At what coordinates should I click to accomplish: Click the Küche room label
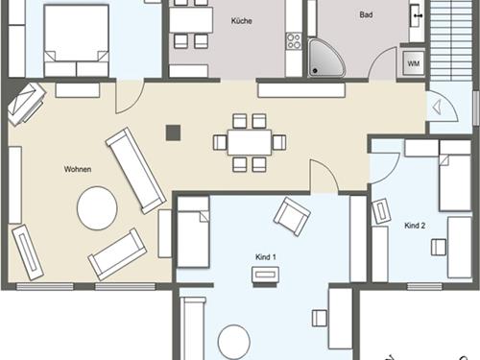(x=242, y=21)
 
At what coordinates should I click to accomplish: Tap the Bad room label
(x=366, y=14)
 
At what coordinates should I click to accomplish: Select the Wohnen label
(x=78, y=169)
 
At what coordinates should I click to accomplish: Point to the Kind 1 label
(x=266, y=256)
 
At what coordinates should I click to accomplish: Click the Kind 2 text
(x=415, y=226)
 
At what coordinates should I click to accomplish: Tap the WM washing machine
(x=414, y=63)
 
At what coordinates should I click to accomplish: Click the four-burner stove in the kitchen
(x=294, y=41)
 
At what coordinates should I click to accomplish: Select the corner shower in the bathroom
(x=326, y=58)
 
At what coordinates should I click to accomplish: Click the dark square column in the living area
(x=173, y=132)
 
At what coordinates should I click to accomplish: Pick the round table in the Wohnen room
(x=97, y=208)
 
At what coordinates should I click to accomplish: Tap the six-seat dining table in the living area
(x=250, y=142)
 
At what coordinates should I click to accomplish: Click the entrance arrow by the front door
(x=437, y=108)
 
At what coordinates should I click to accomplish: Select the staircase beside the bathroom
(x=451, y=40)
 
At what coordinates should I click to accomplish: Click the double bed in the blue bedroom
(x=76, y=40)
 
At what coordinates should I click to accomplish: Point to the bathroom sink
(x=417, y=15)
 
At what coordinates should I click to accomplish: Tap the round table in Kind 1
(x=234, y=342)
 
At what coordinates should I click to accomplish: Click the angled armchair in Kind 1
(x=292, y=217)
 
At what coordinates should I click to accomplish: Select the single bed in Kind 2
(x=455, y=176)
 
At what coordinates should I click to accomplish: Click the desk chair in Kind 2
(x=439, y=248)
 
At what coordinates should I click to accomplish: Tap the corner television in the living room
(x=26, y=103)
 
